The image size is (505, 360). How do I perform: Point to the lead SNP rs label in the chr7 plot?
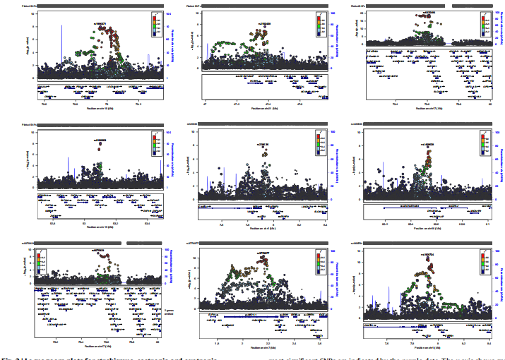pos(262,252)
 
